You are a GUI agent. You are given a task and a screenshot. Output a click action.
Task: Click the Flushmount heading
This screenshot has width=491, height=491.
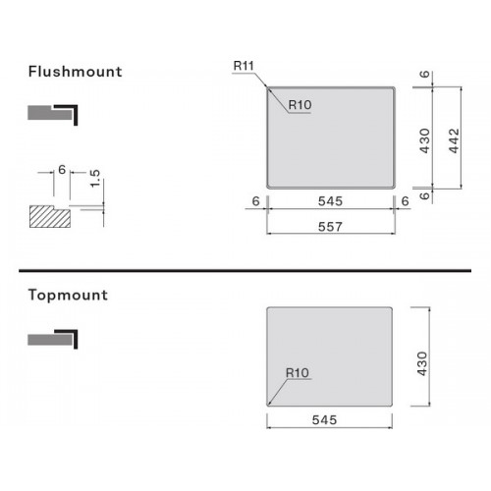click(76, 72)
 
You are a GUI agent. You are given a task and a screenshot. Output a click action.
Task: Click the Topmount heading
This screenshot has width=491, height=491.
click(68, 296)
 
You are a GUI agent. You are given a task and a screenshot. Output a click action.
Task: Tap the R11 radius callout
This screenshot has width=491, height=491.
click(244, 66)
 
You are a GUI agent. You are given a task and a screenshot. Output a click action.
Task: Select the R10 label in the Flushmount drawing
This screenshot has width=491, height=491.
click(300, 105)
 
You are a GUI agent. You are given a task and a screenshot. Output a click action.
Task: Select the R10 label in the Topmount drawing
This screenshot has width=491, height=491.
click(298, 373)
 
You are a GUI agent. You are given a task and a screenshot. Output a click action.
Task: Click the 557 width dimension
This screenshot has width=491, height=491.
click(330, 227)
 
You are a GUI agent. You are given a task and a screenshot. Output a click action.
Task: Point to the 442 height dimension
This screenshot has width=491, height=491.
click(455, 140)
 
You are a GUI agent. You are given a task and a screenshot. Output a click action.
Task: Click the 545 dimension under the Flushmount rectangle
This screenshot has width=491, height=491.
click(330, 201)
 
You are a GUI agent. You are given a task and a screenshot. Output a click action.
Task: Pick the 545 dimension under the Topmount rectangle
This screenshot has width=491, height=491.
click(324, 420)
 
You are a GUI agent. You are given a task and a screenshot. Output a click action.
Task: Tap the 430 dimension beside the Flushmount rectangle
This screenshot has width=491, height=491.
click(424, 140)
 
